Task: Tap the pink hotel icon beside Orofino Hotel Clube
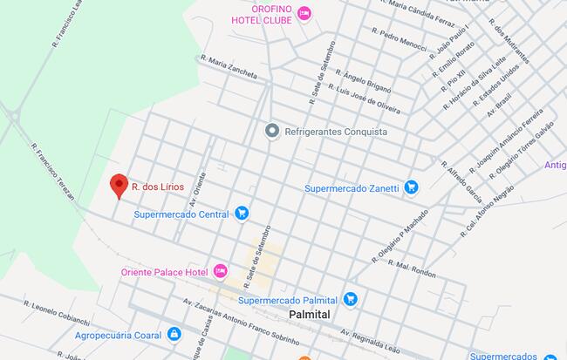[304, 12]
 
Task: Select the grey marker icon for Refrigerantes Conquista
[272, 131]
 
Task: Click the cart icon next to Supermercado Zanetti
[411, 187]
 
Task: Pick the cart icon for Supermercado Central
[242, 213]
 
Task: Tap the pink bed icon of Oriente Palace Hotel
[221, 272]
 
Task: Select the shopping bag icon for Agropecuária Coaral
[174, 333]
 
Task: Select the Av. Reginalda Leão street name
[376, 338]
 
